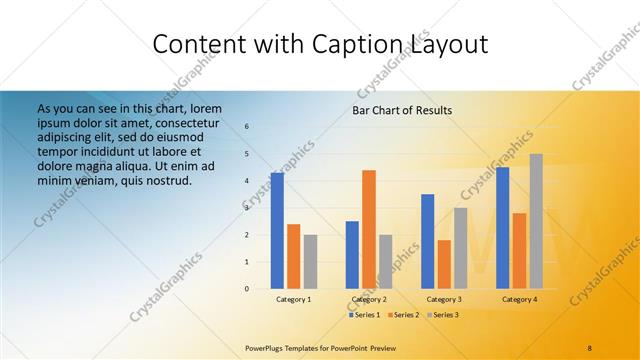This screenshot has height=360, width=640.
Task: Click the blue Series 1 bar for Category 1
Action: [277, 231]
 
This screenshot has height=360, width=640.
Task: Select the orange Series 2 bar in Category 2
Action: [369, 229]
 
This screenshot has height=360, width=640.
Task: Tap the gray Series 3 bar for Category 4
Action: [536, 221]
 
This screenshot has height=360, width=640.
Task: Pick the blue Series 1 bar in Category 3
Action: [428, 241]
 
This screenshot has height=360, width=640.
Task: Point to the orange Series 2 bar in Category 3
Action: [444, 264]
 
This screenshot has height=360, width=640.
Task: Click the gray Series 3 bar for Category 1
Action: [310, 262]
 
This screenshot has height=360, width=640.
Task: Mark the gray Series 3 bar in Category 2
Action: [386, 262]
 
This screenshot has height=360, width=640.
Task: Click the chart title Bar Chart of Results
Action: [402, 110]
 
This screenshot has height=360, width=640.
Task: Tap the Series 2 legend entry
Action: [402, 315]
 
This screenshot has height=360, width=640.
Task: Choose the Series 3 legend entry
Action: [441, 315]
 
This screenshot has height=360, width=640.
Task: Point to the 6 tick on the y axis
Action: [247, 126]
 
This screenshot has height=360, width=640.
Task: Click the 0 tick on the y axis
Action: [247, 289]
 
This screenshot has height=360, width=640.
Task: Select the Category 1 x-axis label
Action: [293, 299]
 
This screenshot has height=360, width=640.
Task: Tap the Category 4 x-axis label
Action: [519, 299]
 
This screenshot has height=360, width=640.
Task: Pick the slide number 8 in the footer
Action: [590, 347]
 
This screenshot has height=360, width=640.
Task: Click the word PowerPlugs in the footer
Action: [265, 347]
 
